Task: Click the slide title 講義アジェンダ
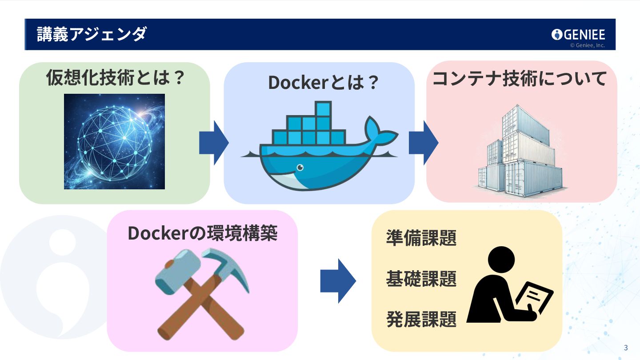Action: click(x=91, y=34)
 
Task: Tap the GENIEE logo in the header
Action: click(x=578, y=34)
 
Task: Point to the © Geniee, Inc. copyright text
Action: click(x=587, y=45)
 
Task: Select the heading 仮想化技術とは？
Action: click(x=115, y=79)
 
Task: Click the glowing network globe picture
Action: click(x=114, y=141)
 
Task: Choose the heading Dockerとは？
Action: click(x=323, y=83)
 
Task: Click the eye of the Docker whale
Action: click(x=300, y=168)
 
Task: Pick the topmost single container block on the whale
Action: click(x=323, y=109)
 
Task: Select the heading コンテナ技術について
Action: click(x=520, y=79)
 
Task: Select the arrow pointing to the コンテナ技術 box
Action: click(x=423, y=143)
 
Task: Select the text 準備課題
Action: click(x=421, y=238)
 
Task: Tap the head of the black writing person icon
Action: click(x=501, y=260)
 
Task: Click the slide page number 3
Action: click(x=626, y=348)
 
